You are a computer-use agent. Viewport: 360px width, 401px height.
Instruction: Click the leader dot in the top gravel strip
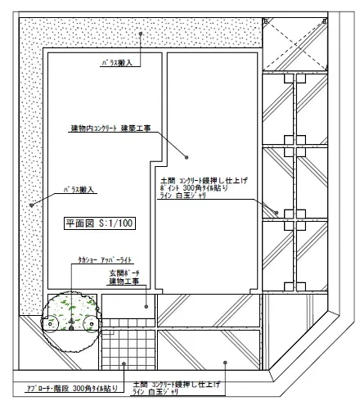pos(141,34)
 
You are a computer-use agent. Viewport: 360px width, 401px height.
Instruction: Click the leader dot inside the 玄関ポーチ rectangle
pos(147,307)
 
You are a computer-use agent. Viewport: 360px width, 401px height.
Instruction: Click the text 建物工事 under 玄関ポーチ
pos(124,282)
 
